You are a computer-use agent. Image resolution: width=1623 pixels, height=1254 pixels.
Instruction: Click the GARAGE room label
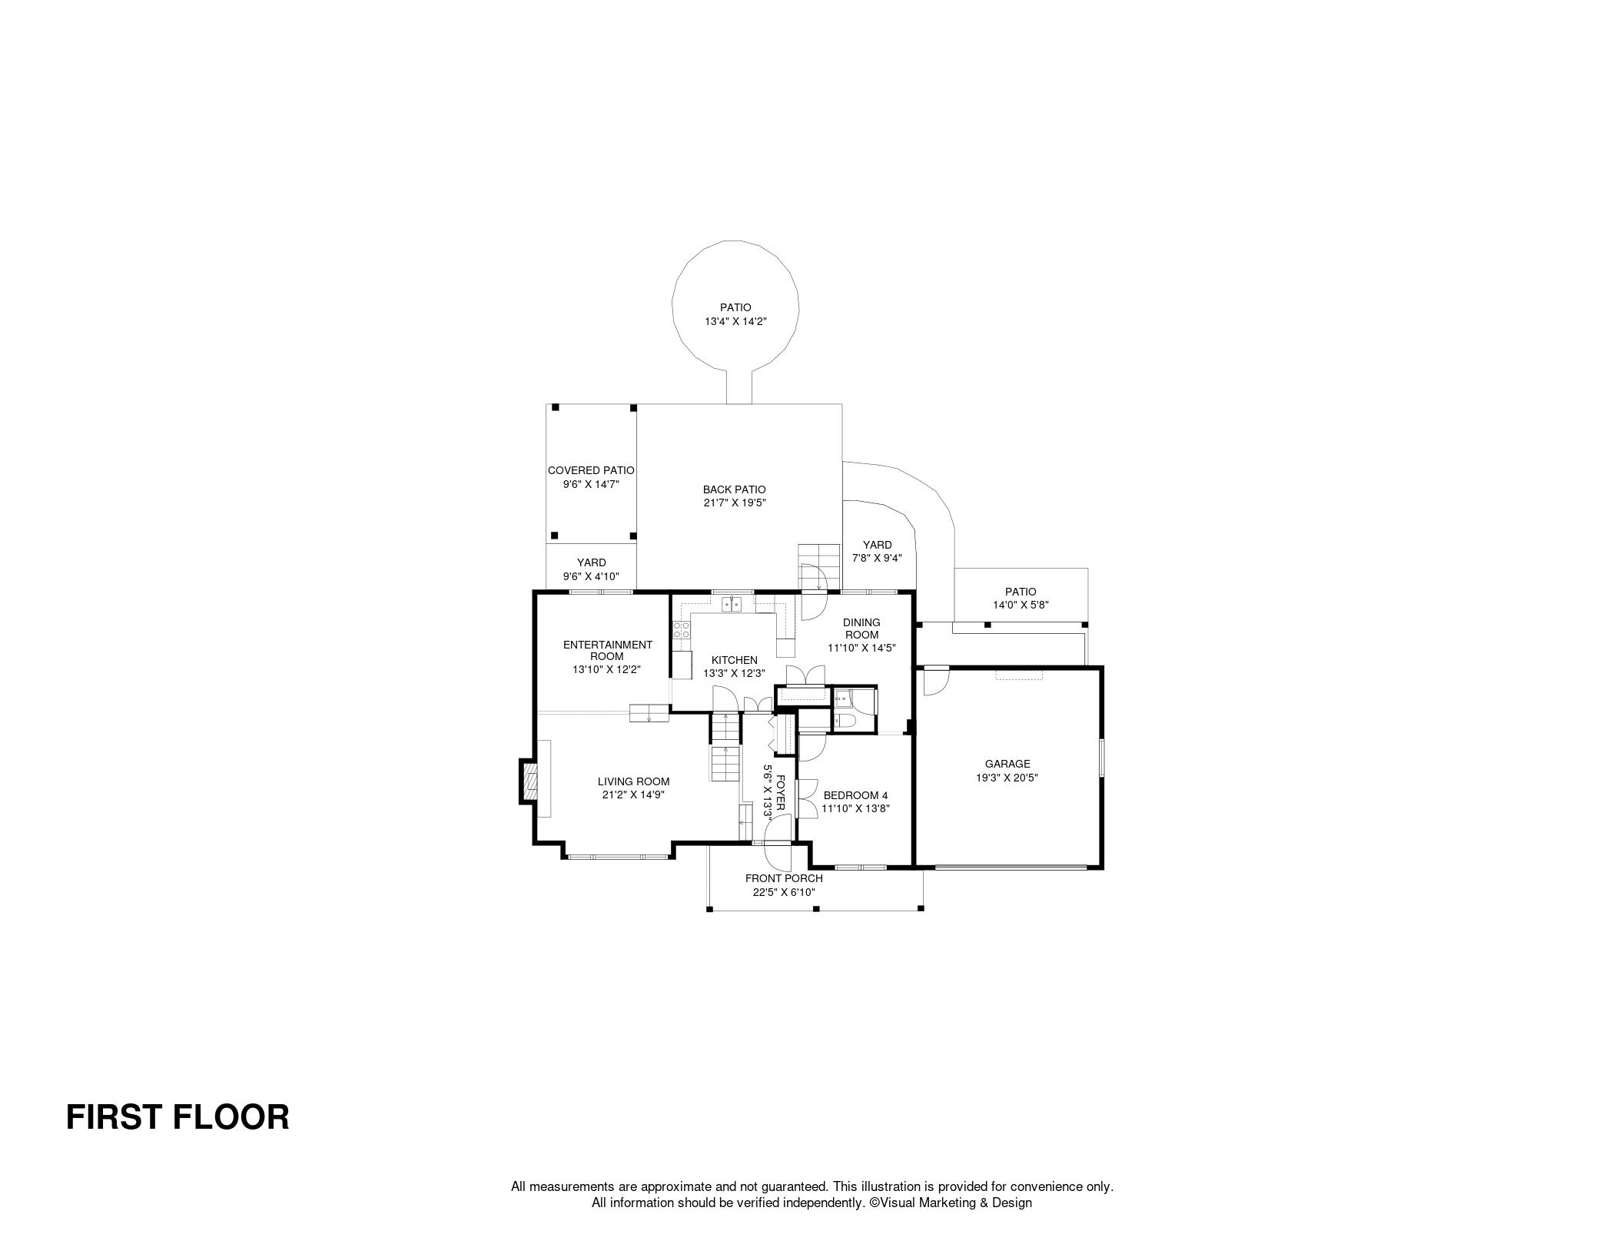[1007, 764]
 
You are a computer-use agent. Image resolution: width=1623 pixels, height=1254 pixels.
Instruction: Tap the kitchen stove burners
[682, 631]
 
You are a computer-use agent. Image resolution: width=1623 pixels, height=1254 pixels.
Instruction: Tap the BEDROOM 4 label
[855, 795]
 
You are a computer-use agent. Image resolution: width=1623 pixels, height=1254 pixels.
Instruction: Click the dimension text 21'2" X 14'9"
[633, 795]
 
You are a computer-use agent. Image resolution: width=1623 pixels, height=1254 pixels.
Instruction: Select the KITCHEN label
[734, 660]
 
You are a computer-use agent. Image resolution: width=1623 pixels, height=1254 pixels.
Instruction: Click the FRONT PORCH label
[784, 878]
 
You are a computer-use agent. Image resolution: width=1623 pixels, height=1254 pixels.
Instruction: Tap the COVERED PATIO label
[591, 470]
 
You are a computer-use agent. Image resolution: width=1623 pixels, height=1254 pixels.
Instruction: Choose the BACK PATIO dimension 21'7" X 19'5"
[735, 503]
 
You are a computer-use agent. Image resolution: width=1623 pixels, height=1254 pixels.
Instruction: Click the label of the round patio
[735, 307]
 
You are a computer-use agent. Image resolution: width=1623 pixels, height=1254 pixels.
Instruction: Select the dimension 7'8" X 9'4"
[877, 559]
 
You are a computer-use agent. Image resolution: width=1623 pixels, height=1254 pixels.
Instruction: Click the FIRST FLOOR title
[178, 1116]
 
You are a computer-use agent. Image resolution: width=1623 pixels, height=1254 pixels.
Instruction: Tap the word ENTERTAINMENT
[607, 645]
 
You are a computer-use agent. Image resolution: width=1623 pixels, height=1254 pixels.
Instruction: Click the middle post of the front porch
[816, 909]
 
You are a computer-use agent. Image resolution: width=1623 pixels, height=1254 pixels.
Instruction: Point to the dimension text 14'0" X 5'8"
[1021, 605]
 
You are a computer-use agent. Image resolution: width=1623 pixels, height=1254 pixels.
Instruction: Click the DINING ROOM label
[861, 629]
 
